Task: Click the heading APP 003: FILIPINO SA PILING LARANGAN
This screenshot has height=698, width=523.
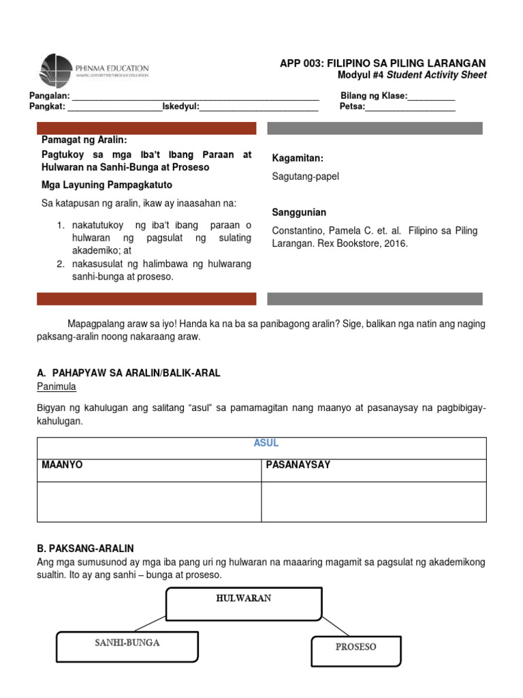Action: coord(383,63)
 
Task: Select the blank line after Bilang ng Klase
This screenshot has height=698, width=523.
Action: coord(431,97)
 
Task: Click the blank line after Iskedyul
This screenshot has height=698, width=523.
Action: coord(259,108)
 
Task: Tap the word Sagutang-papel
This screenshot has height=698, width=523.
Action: coord(306,177)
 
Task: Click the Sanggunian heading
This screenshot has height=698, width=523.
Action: coord(300,212)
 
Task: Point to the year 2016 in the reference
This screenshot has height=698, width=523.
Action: coord(396,243)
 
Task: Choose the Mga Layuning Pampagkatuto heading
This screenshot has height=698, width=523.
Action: coord(107,185)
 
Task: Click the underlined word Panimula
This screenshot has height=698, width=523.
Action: coord(57,386)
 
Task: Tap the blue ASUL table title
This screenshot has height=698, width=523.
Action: coord(266,443)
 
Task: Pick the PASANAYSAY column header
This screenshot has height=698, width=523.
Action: coord(298,464)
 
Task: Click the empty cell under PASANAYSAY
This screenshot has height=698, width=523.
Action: coord(374,502)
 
